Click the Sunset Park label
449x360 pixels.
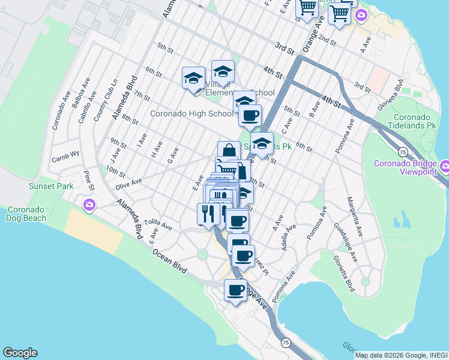click(x=51, y=186)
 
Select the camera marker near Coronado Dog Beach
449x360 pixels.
click(x=89, y=205)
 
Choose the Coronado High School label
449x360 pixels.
click(x=191, y=113)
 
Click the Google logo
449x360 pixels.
click(x=20, y=353)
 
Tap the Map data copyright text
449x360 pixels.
click(x=401, y=355)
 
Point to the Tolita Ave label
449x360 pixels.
click(x=158, y=224)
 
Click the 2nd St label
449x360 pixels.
click(x=327, y=40)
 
